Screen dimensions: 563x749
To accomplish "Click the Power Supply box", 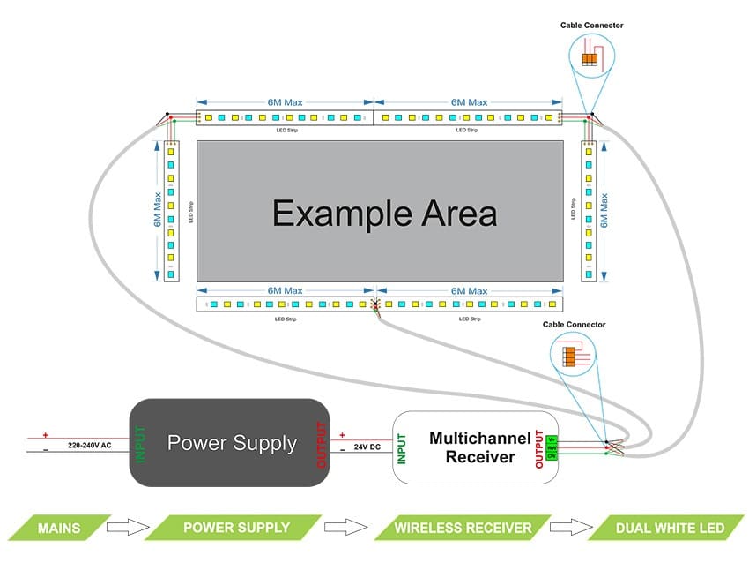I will point(231,442).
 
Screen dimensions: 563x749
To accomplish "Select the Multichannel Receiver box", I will point(475,447).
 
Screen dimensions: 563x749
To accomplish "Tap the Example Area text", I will point(384,214).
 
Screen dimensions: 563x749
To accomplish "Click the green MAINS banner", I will point(59,528).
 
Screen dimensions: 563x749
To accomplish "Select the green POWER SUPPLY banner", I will point(235,528).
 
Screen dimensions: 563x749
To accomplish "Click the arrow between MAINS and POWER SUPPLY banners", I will point(124,528).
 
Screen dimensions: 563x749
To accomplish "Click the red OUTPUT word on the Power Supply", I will point(320,443).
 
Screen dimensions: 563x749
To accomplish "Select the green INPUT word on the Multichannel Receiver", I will point(402,447).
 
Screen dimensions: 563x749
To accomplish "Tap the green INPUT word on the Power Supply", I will point(140,443).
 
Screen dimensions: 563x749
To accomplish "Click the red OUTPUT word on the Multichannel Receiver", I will point(539,447).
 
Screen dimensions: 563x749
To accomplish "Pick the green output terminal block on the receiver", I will point(552,447).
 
